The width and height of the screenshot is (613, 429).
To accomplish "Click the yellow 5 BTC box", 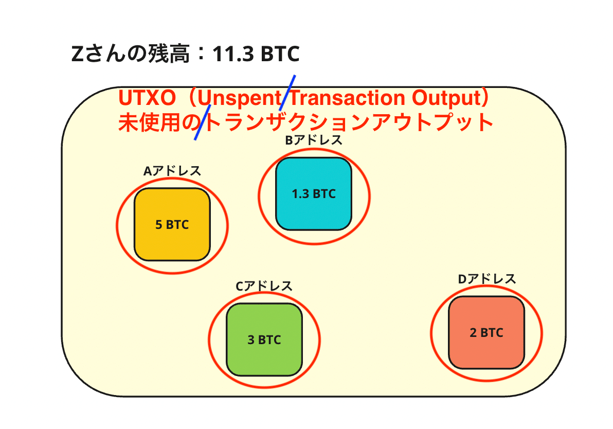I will pyautogui.click(x=172, y=224).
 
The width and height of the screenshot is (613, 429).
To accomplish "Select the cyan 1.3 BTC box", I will pyautogui.click(x=314, y=193).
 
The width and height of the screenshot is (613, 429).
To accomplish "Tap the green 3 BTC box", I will pyautogui.click(x=264, y=339).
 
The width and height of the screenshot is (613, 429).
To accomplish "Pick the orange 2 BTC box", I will pyautogui.click(x=486, y=332).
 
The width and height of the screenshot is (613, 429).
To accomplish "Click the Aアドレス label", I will pyautogui.click(x=172, y=171).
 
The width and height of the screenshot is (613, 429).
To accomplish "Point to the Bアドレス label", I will pyautogui.click(x=314, y=140).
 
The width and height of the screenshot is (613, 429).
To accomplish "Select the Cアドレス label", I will pyautogui.click(x=264, y=286).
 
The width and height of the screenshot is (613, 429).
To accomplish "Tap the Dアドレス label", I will pyautogui.click(x=486, y=279).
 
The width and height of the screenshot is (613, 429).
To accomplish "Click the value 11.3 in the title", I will pyautogui.click(x=233, y=54).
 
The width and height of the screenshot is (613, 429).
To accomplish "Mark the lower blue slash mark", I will pyautogui.click(x=203, y=122).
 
